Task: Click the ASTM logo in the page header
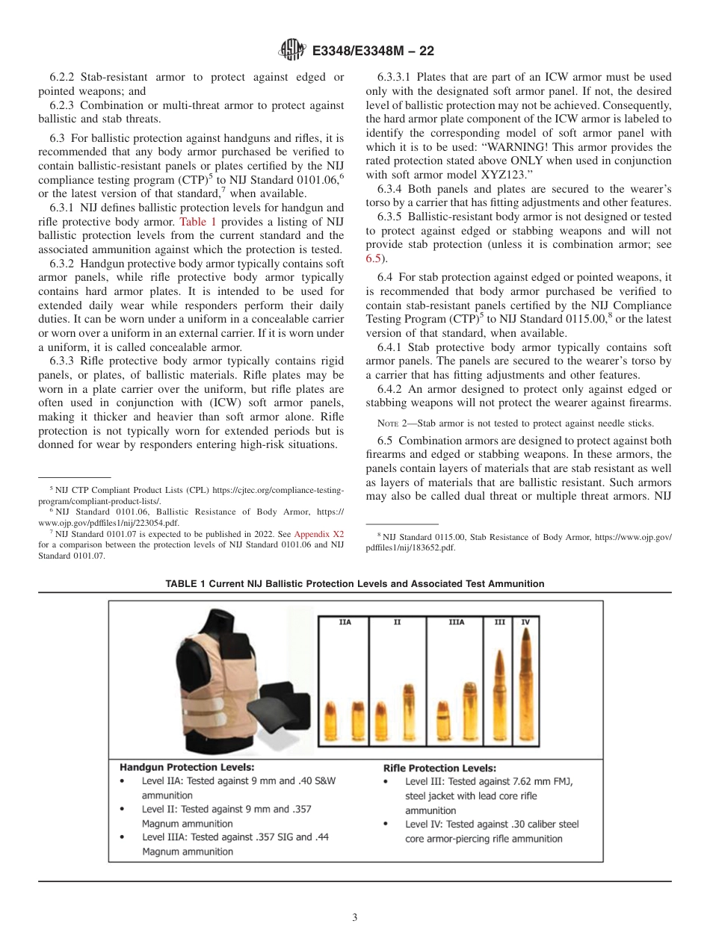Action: point(291,50)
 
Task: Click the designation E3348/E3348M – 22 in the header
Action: point(373,51)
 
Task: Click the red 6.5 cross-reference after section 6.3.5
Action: point(373,258)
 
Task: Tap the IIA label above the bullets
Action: point(345,621)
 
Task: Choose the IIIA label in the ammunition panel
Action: point(456,621)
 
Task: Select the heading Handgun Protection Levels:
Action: point(187,767)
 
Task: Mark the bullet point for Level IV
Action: point(386,825)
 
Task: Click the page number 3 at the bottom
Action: point(355,918)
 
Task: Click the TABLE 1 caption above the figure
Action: point(355,583)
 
